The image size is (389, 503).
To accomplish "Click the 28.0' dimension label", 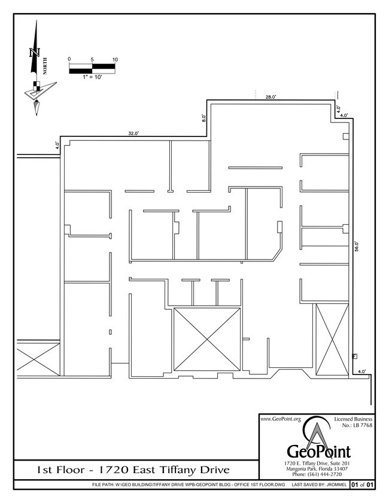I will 271,96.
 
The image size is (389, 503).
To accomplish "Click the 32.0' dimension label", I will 133,133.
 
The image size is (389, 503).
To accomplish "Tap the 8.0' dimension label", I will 204,118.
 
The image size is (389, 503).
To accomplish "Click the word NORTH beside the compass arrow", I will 45,64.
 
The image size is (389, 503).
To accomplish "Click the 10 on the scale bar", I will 115,59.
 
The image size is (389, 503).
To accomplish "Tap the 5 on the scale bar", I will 92,59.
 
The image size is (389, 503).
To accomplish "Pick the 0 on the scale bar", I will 69,59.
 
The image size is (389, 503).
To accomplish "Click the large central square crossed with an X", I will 206,339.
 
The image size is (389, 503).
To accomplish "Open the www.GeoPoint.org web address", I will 280,419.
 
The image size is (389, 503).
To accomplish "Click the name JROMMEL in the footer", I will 333,484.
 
